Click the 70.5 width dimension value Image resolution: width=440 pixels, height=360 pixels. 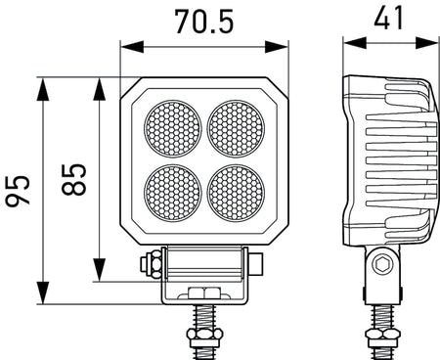pyautogui.click(x=204, y=21)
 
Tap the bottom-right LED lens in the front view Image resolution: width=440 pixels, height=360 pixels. pyautogui.click(x=236, y=191)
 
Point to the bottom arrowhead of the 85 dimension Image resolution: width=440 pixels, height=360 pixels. pyautogui.click(x=98, y=276)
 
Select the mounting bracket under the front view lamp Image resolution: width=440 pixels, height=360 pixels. pyautogui.click(x=204, y=274)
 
